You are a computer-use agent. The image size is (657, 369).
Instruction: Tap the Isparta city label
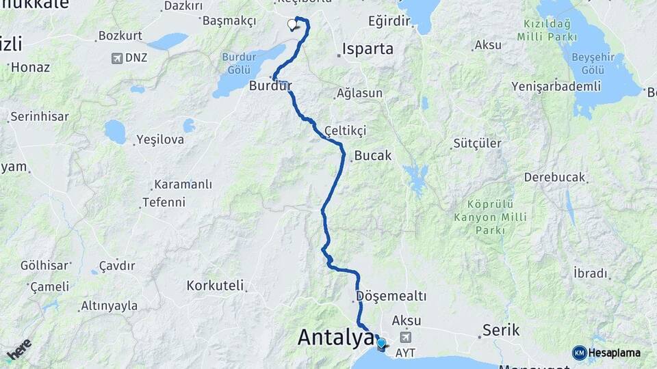[x=368, y=49]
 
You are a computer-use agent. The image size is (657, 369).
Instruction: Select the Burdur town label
[x=271, y=86]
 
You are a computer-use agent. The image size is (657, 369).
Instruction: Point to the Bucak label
[x=373, y=156]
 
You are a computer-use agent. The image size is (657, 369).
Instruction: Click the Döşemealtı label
[x=391, y=297]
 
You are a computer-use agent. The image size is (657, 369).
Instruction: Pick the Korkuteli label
[x=215, y=285]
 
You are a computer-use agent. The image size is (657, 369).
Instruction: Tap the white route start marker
[x=293, y=25]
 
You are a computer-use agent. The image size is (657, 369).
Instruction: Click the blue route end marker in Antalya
[x=381, y=343]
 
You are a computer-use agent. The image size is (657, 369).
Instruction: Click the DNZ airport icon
[x=117, y=58]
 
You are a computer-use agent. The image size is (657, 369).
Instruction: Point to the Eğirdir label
[x=389, y=21]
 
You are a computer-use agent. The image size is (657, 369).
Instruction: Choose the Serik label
[x=497, y=329]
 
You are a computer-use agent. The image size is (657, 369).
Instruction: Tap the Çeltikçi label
[x=346, y=130]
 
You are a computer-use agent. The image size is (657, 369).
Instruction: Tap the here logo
[x=18, y=350]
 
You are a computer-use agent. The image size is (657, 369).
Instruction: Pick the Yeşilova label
[x=161, y=139]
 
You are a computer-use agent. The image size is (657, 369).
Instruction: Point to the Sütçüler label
[x=478, y=143]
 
